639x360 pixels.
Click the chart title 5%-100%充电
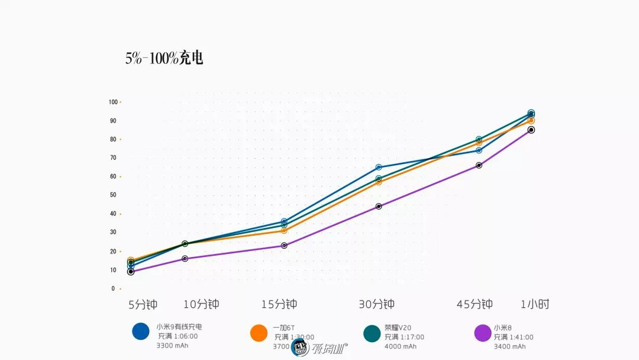pyautogui.click(x=164, y=59)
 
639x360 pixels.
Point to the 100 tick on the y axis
pyautogui.click(x=113, y=102)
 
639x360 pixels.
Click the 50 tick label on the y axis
pyautogui.click(x=113, y=195)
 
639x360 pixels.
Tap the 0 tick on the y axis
pyautogui.click(x=113, y=289)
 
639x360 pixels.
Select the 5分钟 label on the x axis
pyautogui.click(x=143, y=305)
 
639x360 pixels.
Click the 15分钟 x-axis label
pyautogui.click(x=279, y=305)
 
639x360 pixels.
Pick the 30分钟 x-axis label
pyautogui.click(x=376, y=305)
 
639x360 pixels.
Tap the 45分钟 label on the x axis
pyautogui.click(x=475, y=305)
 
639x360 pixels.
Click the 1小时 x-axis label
pyautogui.click(x=535, y=305)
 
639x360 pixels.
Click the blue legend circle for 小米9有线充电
pyautogui.click(x=141, y=331)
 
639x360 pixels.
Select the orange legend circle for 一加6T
pyautogui.click(x=259, y=333)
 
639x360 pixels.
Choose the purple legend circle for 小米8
pyautogui.click(x=483, y=333)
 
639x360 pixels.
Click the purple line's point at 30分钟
pyautogui.click(x=379, y=207)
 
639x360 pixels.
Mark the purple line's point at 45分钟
pyautogui.click(x=479, y=165)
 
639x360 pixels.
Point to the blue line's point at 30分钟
pyautogui.click(x=379, y=167)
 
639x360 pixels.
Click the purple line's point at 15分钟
pyautogui.click(x=284, y=245)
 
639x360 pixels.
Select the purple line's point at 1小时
pyautogui.click(x=531, y=130)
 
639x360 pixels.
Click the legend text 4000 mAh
pyautogui.click(x=401, y=346)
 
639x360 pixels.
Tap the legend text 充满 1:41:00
pyautogui.click(x=514, y=337)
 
